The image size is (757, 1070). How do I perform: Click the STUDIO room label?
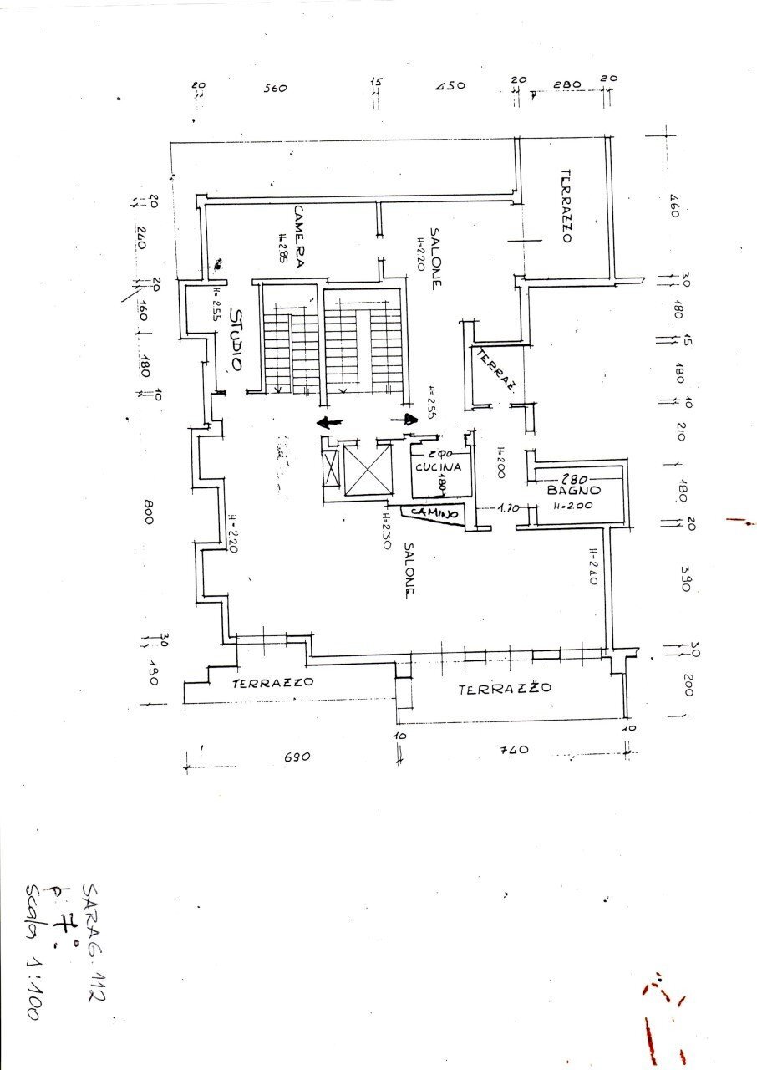point(236,340)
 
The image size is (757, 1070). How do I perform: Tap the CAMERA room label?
point(299,237)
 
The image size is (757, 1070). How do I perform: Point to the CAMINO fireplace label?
point(433,512)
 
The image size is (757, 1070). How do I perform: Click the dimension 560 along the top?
point(275,88)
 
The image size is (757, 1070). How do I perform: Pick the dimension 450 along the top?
point(450,86)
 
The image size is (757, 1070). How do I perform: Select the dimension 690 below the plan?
point(297,756)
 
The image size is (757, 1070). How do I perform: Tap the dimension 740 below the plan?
point(513,750)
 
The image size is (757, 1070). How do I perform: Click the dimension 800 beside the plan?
point(148,512)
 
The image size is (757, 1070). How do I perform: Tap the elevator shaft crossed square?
point(368,471)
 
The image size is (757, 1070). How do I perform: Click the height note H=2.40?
point(591,566)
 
